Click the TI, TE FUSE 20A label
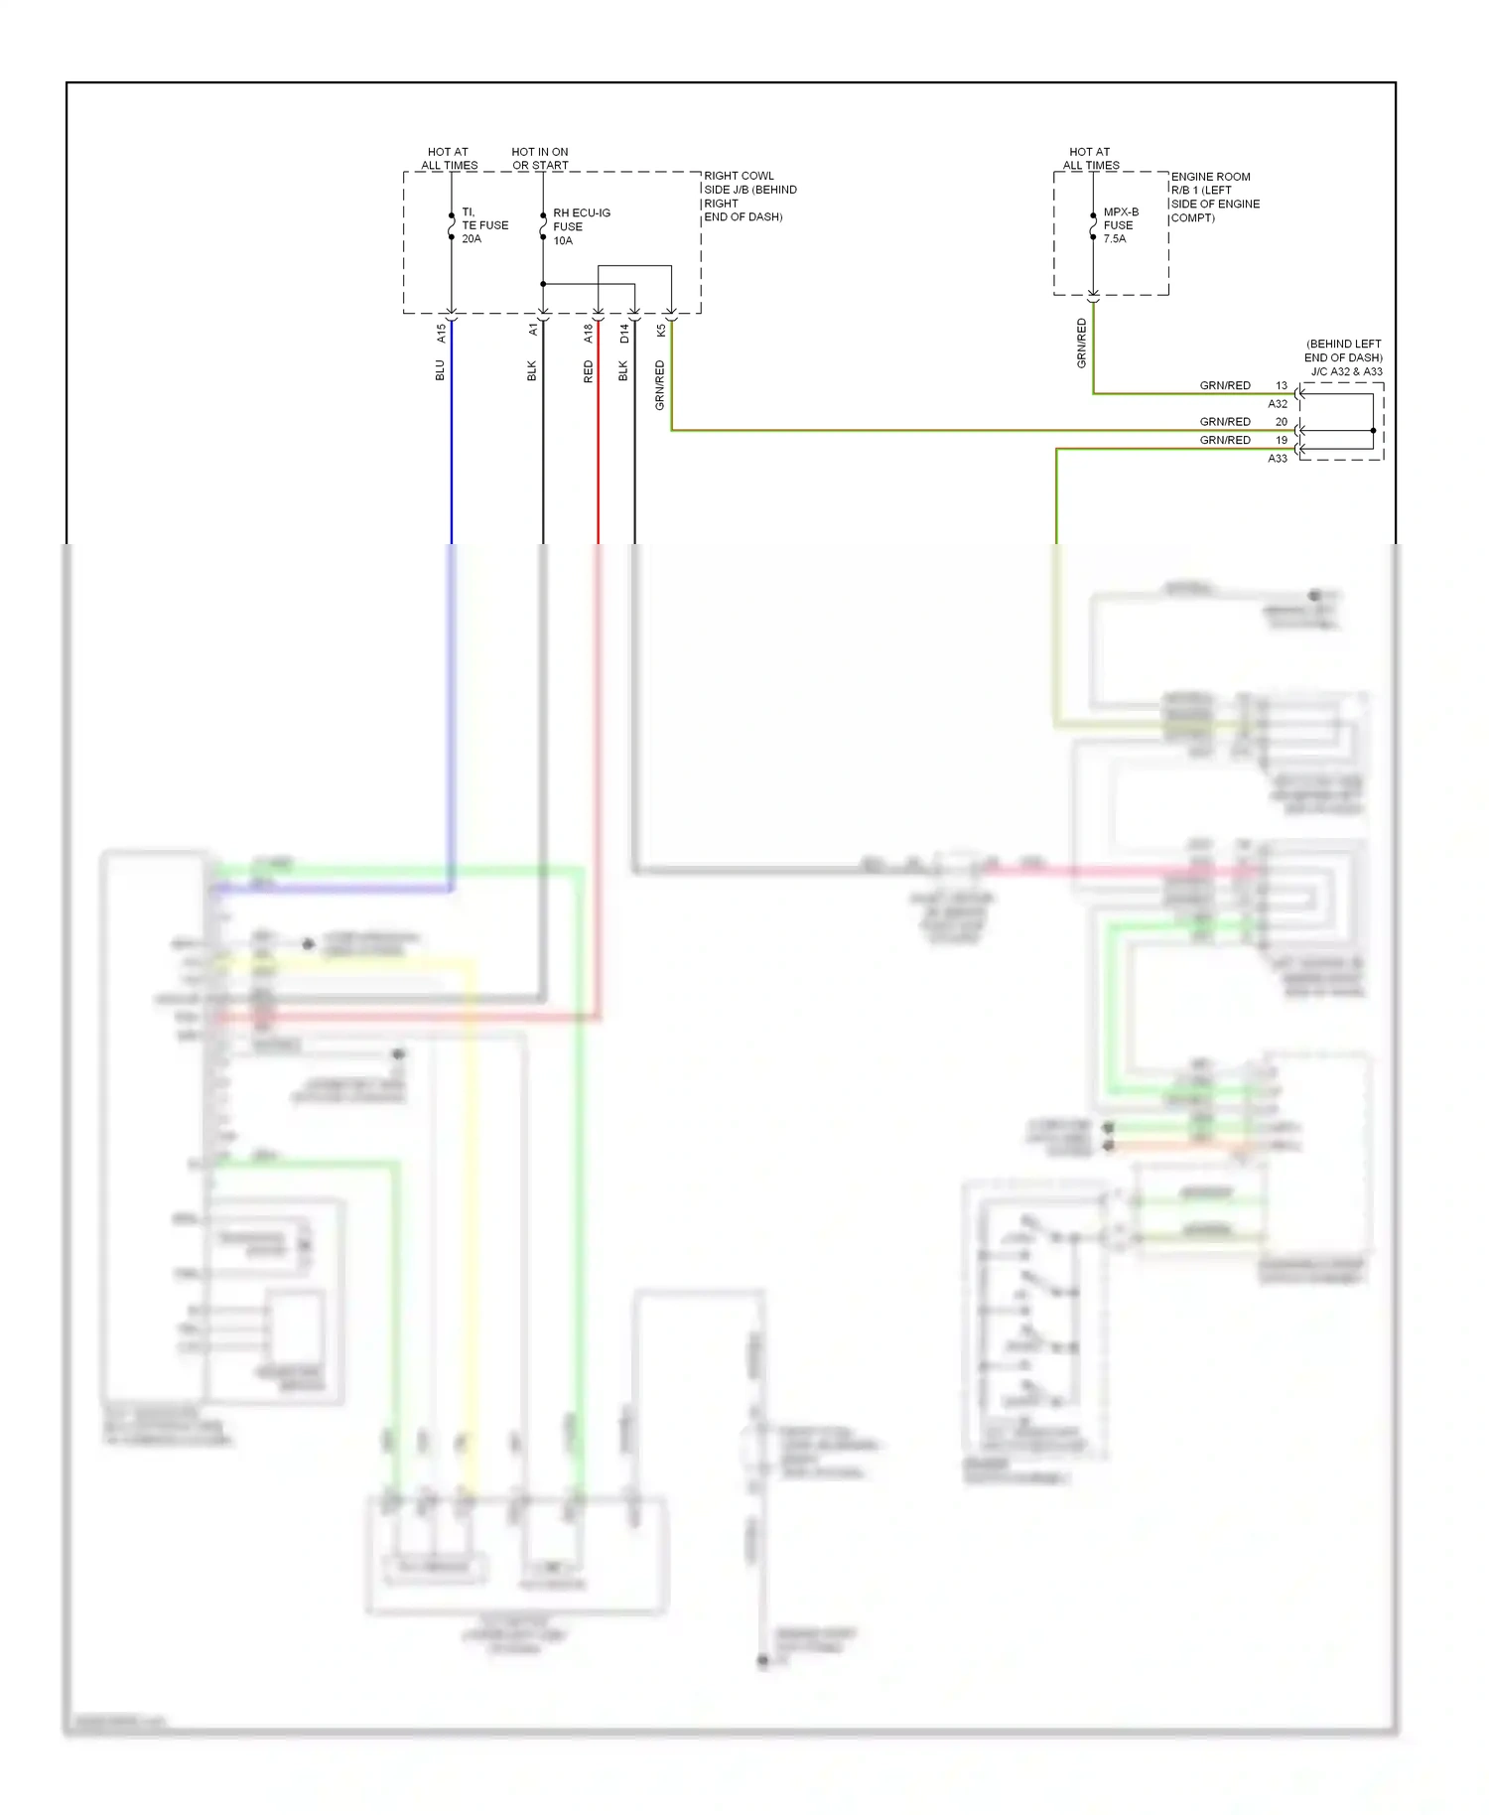[483, 225]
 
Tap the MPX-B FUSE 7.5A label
[1120, 225]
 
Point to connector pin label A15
[442, 334]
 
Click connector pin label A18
[588, 334]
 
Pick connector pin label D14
[624, 334]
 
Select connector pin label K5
[661, 331]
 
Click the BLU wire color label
[441, 370]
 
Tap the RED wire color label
[588, 371]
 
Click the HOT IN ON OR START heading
[540, 159]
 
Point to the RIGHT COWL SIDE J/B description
[749, 197]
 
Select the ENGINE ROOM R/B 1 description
[1214, 198]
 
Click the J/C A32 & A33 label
[1346, 371]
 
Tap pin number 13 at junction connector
[1282, 385]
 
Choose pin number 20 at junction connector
[1282, 422]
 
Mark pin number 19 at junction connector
[1282, 440]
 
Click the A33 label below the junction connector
[1278, 459]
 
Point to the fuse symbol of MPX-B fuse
[1093, 226]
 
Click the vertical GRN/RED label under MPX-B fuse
[1082, 344]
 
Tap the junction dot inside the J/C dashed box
[1373, 431]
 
